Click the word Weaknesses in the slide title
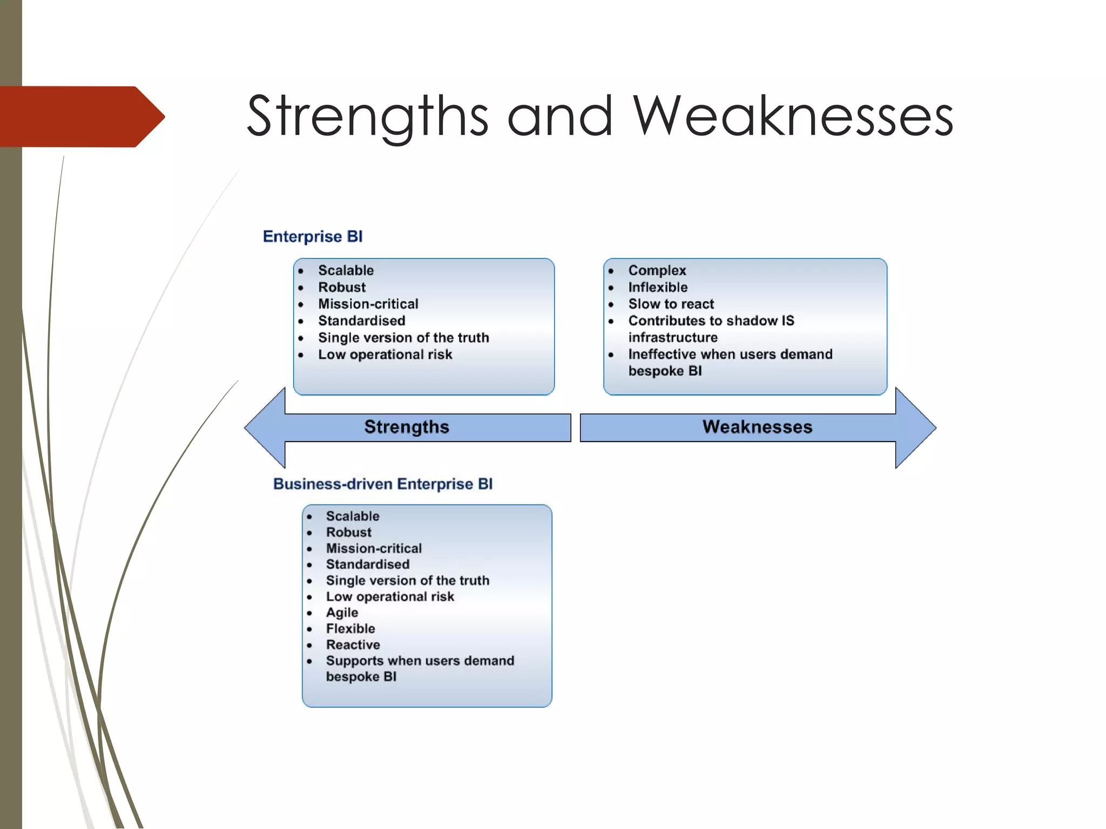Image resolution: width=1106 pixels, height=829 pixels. tap(793, 116)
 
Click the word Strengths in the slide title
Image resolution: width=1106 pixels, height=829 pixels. tap(367, 116)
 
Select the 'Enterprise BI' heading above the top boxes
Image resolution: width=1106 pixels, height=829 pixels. tap(312, 236)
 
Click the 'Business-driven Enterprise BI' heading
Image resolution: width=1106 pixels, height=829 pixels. tap(382, 484)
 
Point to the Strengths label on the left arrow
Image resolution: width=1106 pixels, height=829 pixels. tap(406, 427)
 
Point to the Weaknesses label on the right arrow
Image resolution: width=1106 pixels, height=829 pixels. tap(757, 427)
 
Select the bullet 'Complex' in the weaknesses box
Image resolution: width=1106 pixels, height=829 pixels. tap(657, 270)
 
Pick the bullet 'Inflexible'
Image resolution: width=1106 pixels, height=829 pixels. tap(657, 287)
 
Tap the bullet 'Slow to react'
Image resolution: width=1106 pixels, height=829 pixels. tap(671, 304)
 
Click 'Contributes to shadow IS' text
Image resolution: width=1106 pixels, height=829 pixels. tap(711, 321)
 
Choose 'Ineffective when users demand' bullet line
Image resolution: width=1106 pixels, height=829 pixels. tap(730, 354)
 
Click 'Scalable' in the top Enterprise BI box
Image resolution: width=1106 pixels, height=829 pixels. tap(346, 270)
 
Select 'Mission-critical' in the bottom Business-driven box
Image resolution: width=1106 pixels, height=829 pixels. tap(374, 548)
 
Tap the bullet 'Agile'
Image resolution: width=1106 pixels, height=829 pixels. tap(342, 613)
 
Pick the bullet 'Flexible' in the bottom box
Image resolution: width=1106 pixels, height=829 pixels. tap(350, 629)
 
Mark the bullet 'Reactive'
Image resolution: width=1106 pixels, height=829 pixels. tap(353, 645)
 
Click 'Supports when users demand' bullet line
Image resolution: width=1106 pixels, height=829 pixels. tap(420, 661)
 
